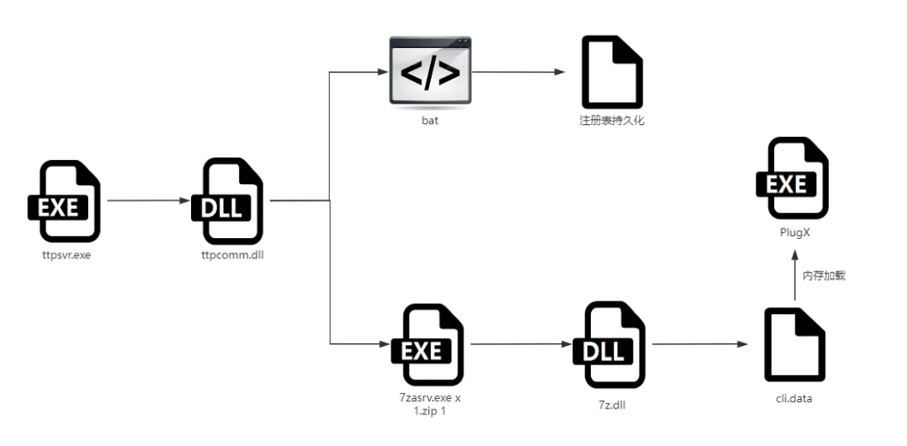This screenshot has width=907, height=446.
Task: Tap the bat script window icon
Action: point(430,72)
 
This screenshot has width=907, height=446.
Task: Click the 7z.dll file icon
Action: point(613,345)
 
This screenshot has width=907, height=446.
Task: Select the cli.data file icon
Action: point(795,345)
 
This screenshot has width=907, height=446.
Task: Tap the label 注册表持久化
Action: point(612,121)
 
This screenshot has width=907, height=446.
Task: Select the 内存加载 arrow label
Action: point(824,277)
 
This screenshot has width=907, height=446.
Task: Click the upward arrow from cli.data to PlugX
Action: point(795,276)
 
